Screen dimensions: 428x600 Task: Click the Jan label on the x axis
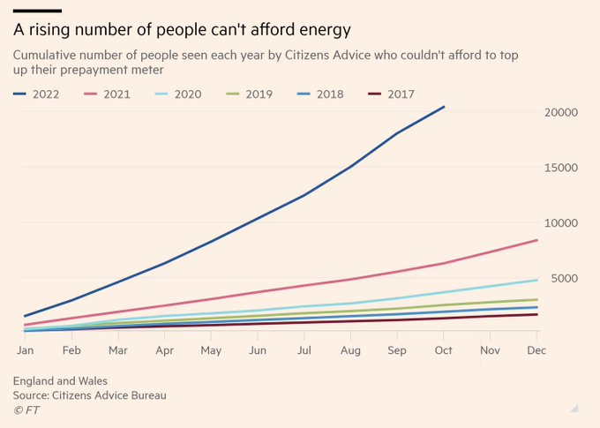click(25, 350)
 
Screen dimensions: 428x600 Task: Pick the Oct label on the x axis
click(444, 350)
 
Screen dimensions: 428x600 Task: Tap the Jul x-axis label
click(304, 350)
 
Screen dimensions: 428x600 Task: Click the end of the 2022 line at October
click(445, 107)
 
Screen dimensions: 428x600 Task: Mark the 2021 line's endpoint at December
click(537, 240)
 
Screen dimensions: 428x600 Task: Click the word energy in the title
click(322, 30)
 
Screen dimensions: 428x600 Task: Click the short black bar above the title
click(36, 10)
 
